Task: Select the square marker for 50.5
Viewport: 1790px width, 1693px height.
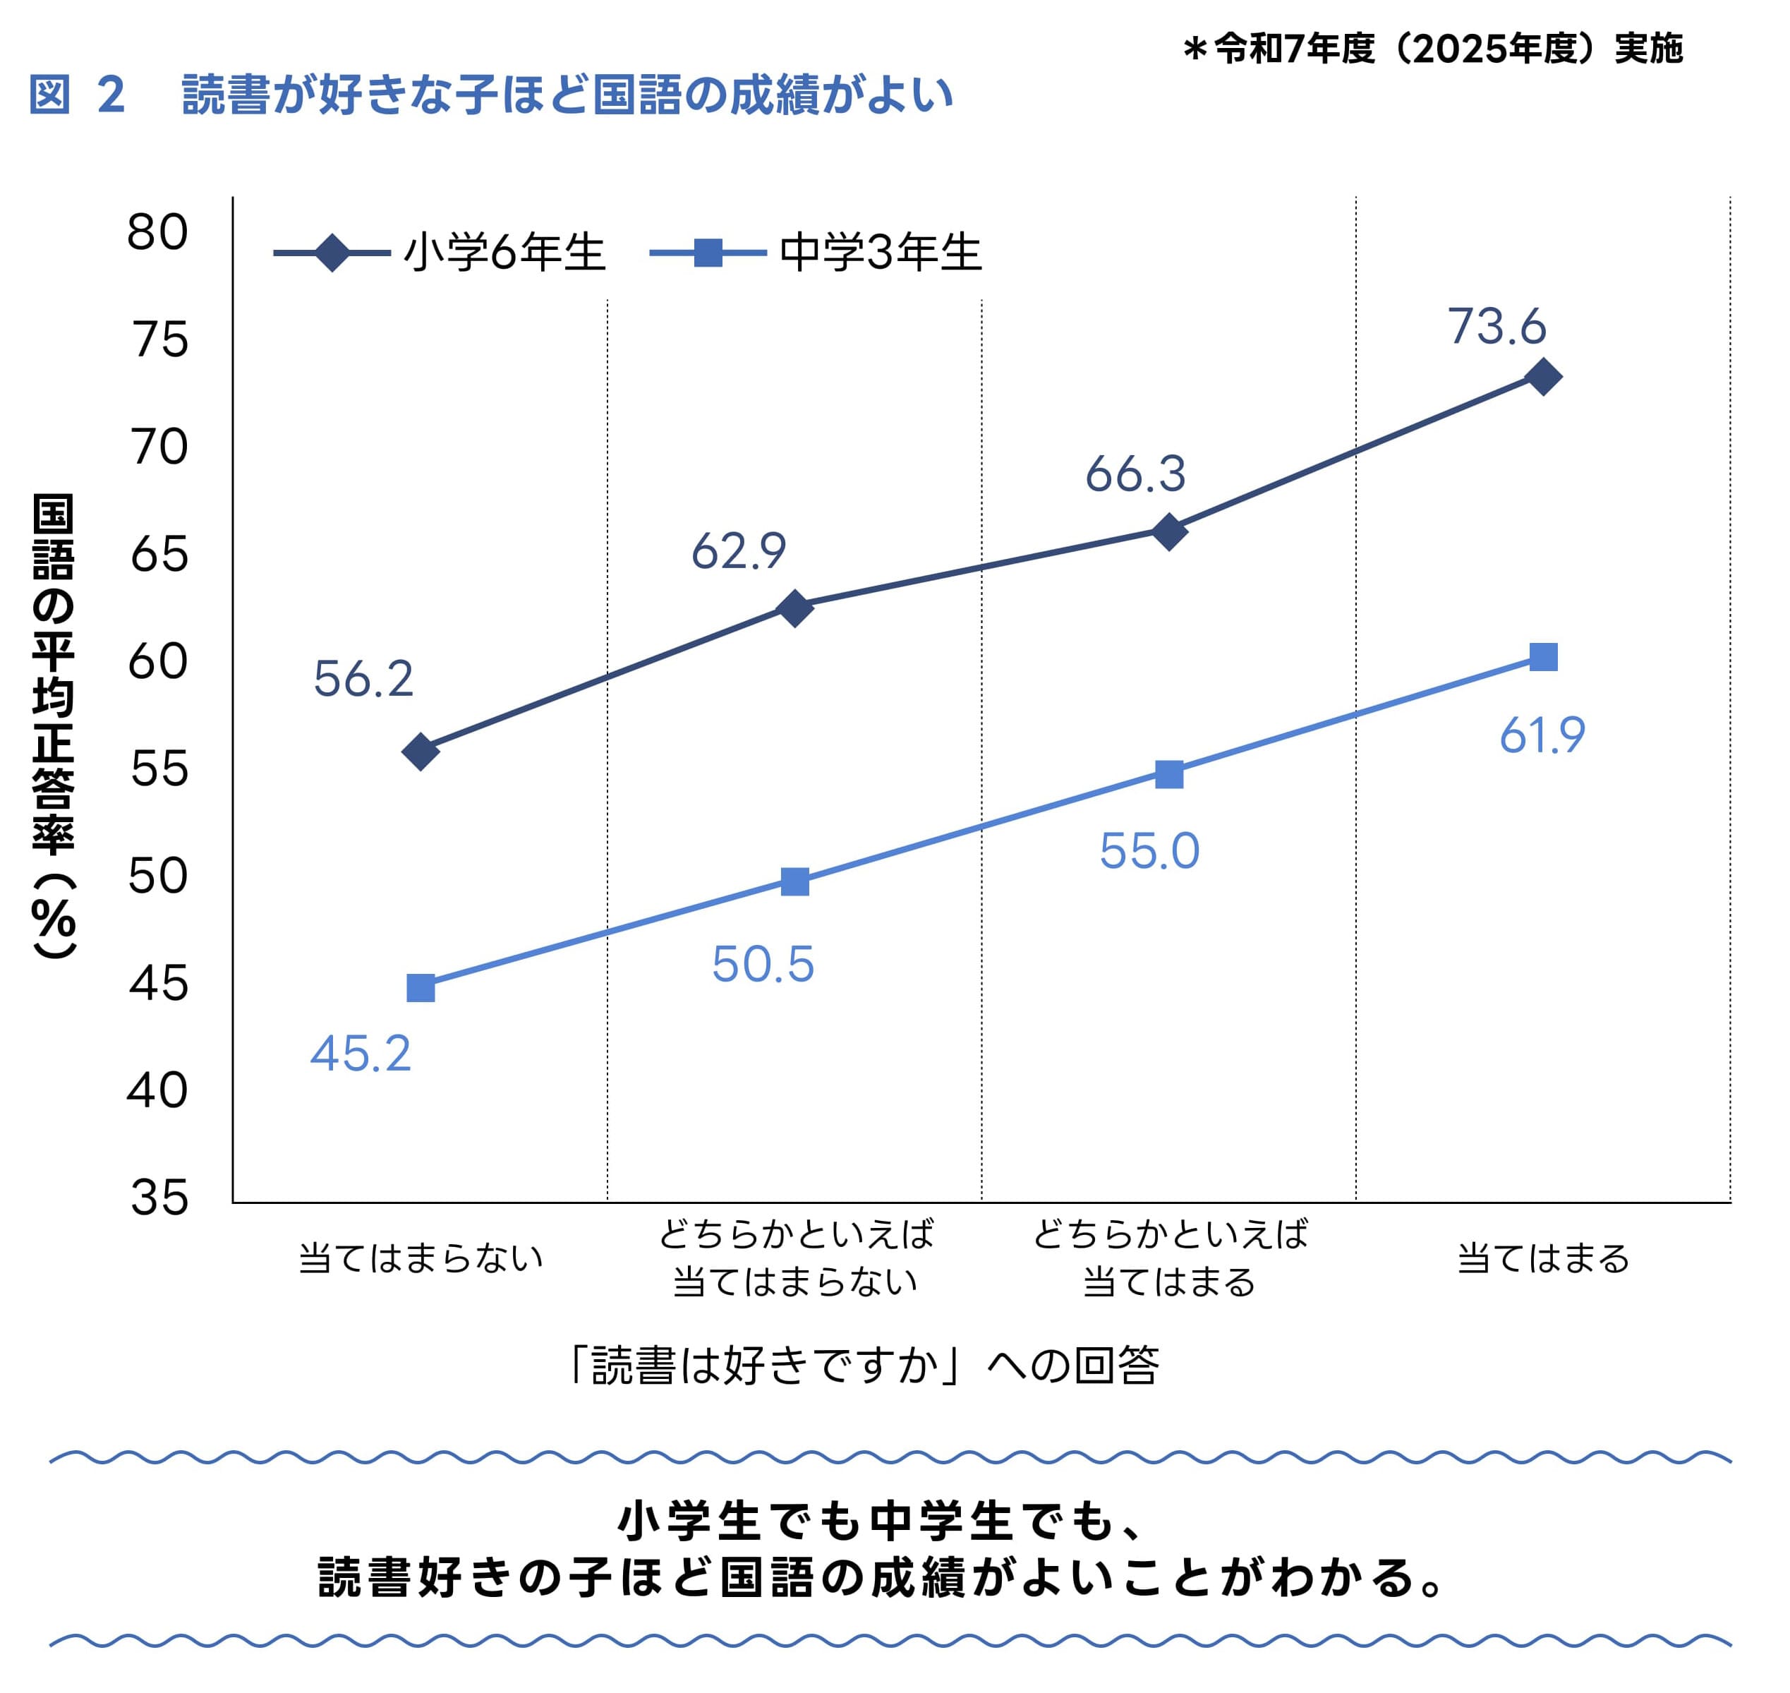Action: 795,881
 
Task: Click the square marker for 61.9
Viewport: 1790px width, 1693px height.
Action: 1544,657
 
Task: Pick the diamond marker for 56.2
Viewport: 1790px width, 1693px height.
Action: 421,751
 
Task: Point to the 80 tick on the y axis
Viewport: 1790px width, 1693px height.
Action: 158,233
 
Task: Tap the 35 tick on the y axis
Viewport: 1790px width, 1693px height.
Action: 159,1198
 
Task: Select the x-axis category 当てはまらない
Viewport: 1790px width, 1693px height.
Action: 421,1258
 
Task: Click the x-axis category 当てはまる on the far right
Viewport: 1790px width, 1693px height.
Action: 1544,1258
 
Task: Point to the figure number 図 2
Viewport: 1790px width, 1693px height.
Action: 77,95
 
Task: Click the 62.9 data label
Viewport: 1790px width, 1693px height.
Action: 739,551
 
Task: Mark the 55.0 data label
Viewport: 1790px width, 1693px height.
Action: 1149,851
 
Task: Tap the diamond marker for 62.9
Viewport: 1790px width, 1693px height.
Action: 795,608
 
